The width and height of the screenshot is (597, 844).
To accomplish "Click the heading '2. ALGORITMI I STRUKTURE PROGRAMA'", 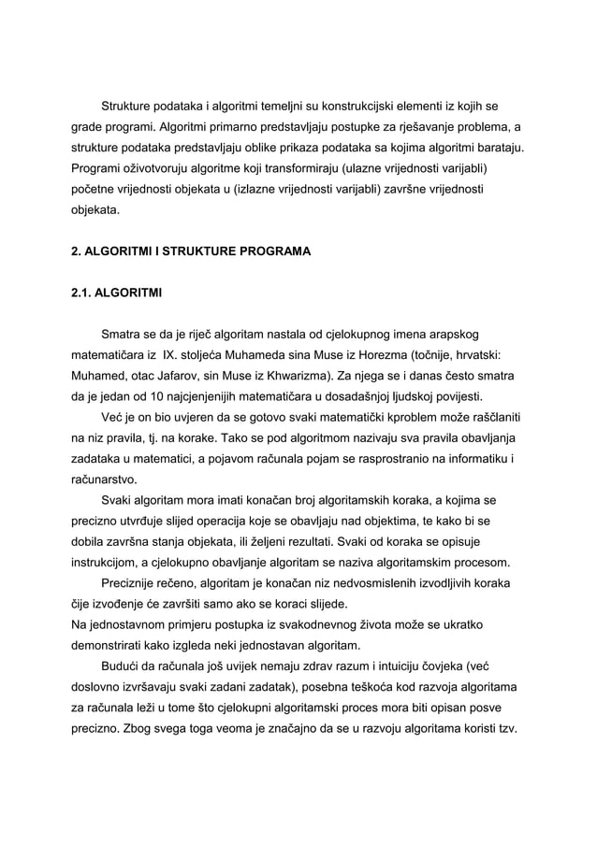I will (x=191, y=252).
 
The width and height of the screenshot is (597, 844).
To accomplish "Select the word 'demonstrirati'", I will (x=109, y=645).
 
